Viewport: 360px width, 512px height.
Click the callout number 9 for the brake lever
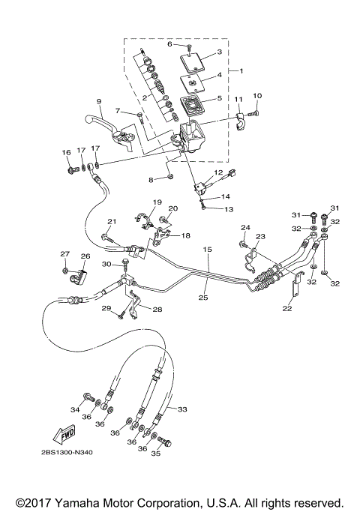tap(98, 101)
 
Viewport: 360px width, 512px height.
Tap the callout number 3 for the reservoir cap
tap(218, 52)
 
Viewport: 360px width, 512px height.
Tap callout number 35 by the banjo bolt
tap(156, 454)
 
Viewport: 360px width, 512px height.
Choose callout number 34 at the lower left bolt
tap(74, 409)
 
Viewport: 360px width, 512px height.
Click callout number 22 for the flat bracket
tap(286, 308)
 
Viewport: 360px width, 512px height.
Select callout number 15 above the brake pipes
tap(208, 248)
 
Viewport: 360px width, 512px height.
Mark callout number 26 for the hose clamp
tap(85, 256)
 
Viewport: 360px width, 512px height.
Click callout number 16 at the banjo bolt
tap(66, 151)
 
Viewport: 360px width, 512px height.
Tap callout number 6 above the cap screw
tap(169, 44)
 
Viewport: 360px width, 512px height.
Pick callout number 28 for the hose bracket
tap(157, 309)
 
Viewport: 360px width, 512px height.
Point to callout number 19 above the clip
tap(157, 203)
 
